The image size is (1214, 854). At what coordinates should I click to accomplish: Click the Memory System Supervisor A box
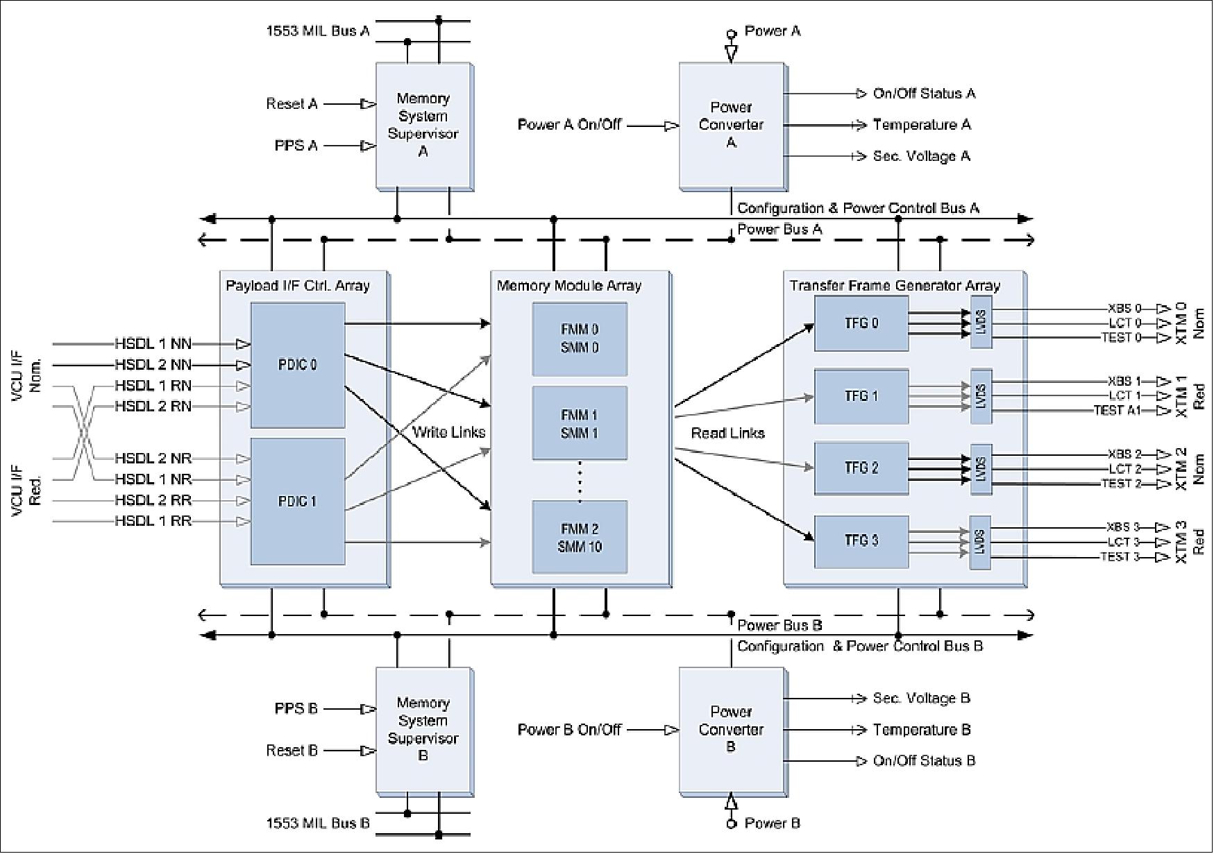(x=423, y=126)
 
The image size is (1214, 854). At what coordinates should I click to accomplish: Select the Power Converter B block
(x=731, y=730)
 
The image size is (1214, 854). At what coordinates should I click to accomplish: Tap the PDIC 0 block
(x=297, y=365)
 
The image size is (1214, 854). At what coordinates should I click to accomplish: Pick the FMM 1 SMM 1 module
(x=580, y=424)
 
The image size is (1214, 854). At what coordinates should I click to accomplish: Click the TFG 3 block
(x=861, y=541)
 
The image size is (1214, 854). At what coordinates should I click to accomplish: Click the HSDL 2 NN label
(x=153, y=365)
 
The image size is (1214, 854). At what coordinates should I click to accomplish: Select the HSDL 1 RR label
(x=153, y=522)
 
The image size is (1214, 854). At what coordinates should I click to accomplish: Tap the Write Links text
(x=448, y=432)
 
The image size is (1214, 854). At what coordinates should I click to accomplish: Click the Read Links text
(x=727, y=433)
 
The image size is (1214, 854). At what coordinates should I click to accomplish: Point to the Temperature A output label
(x=921, y=125)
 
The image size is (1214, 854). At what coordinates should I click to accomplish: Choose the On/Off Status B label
(x=924, y=761)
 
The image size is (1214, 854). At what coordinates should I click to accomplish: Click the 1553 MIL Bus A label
(x=318, y=31)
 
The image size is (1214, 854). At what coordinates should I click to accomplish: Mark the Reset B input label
(x=292, y=751)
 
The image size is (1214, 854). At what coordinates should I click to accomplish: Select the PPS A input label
(x=296, y=146)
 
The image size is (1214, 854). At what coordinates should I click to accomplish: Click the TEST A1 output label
(x=1117, y=411)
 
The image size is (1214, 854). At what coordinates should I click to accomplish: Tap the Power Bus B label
(x=779, y=625)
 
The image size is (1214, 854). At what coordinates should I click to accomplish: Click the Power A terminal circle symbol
(x=730, y=33)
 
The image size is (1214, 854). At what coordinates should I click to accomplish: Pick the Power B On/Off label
(x=569, y=730)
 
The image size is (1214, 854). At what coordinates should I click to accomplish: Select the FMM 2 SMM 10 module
(x=580, y=538)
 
